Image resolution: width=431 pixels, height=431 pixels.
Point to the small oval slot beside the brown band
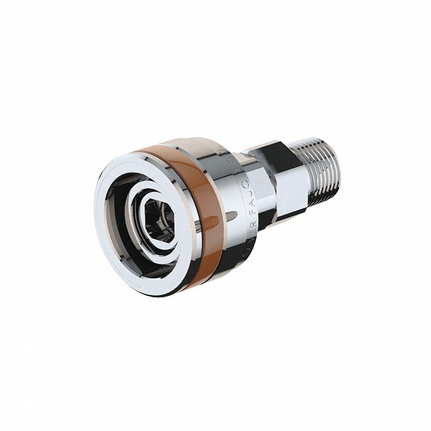point(232,214)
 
